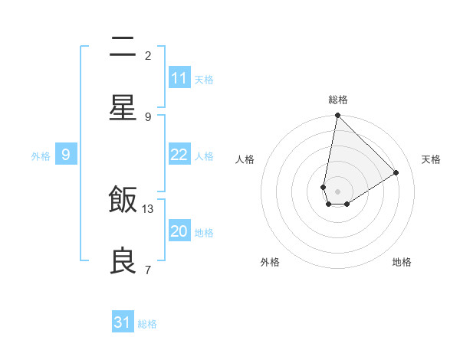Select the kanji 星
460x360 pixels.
point(123,107)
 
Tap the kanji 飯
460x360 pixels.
point(123,201)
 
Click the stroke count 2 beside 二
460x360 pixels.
point(148,55)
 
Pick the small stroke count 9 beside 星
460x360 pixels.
point(148,116)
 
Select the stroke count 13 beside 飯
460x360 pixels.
point(149,208)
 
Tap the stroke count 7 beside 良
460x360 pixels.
point(148,270)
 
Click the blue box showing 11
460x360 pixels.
point(179,77)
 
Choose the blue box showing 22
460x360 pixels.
point(179,155)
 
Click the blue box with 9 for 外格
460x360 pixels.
point(66,155)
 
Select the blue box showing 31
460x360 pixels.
point(123,322)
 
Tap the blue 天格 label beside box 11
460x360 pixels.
point(204,79)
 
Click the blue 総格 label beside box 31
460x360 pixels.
point(147,324)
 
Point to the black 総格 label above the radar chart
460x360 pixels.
point(338,100)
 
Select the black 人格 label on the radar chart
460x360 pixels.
point(245,159)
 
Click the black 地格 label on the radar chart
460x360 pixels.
point(402,262)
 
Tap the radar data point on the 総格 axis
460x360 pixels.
point(337,116)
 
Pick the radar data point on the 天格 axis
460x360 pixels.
point(396,172)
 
